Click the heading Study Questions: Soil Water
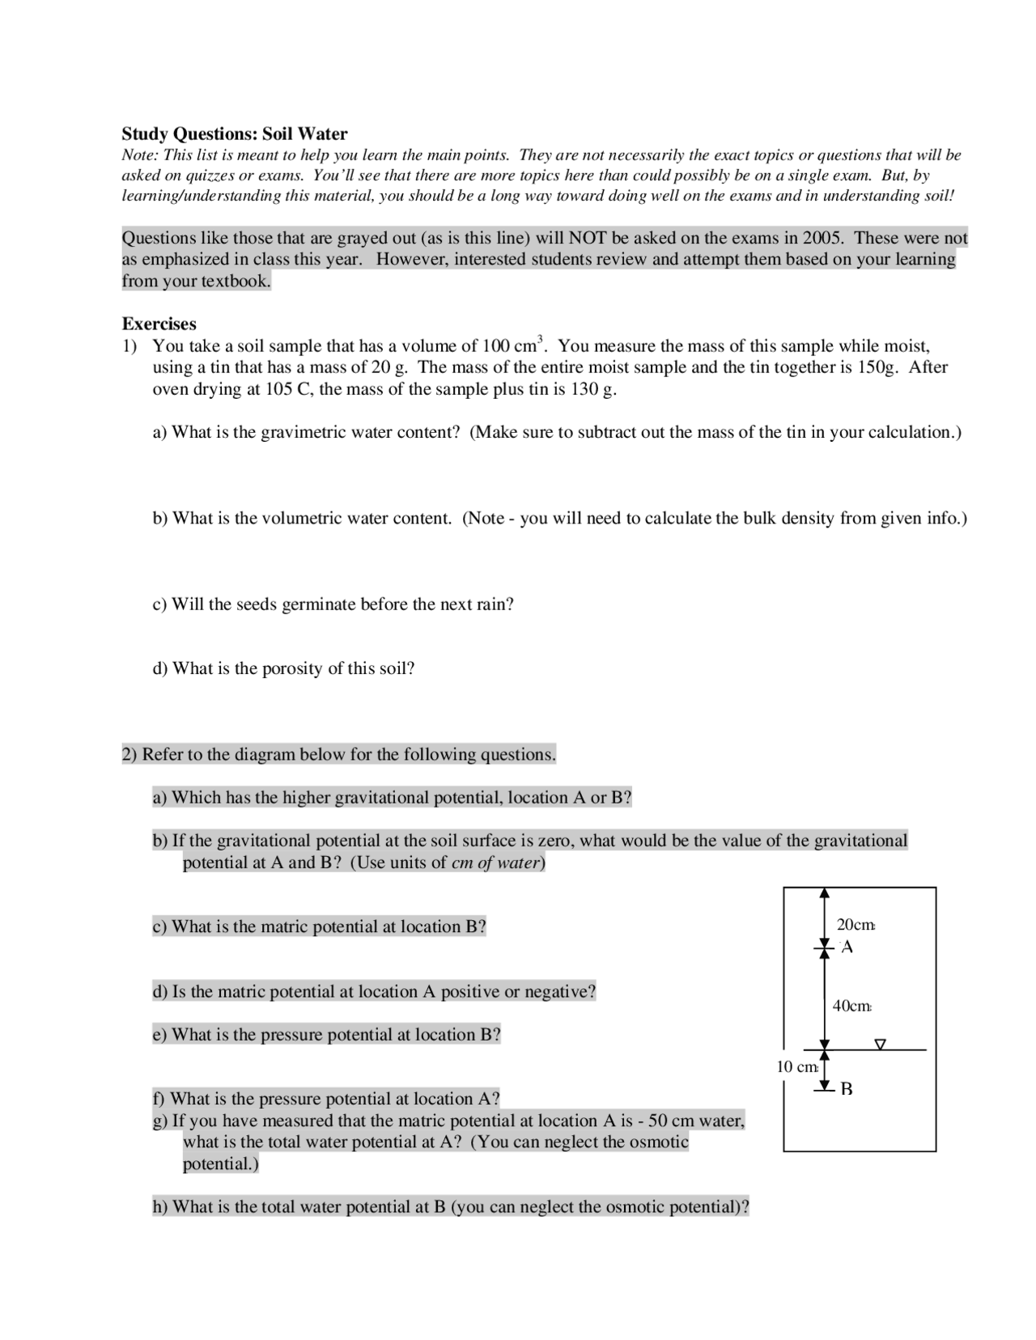[235, 134]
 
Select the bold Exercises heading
[159, 324]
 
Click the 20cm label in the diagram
[856, 924]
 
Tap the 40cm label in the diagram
[851, 1006]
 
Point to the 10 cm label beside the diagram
[797, 1066]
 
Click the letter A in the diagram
[847, 947]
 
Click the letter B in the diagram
[847, 1089]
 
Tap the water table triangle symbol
[881, 1044]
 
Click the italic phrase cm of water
[495, 863]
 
